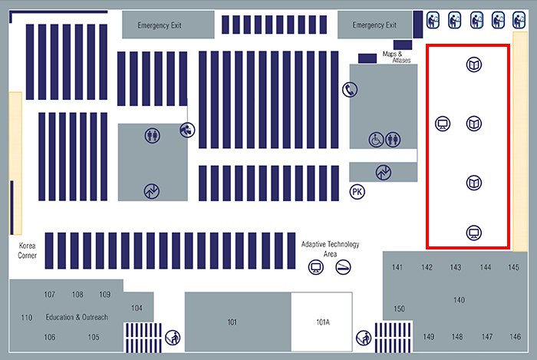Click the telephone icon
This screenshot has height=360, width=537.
(349, 90)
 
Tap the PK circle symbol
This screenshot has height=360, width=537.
(357, 191)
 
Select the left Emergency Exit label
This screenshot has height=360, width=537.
(159, 25)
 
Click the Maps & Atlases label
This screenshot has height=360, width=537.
(396, 57)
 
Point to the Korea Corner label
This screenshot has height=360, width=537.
(28, 249)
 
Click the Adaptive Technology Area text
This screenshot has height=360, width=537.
(330, 248)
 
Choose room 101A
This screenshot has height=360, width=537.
(322, 322)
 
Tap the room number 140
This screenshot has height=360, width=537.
(459, 299)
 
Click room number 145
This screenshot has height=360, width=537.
(513, 267)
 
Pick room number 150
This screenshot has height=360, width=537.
(399, 309)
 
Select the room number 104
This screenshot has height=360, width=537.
(137, 308)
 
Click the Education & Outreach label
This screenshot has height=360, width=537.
(77, 317)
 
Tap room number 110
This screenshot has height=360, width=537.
(27, 318)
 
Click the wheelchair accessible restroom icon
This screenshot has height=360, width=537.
(376, 140)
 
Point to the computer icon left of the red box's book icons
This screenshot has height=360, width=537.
(442, 123)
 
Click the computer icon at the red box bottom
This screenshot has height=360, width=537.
(474, 233)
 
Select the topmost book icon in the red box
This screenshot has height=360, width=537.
(474, 64)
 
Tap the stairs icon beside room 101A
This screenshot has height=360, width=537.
(363, 336)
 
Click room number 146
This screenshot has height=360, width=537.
(514, 337)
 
